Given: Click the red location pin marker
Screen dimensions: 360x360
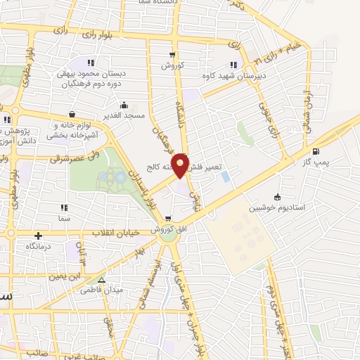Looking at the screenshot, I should click(181, 165).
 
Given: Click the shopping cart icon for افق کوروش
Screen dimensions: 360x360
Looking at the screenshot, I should click(167, 219).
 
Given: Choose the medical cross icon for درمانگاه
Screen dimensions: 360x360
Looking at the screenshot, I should click(37, 236).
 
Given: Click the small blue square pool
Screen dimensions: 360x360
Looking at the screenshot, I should click(225, 176).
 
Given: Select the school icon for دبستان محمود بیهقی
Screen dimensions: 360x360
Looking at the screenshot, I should click(89, 62).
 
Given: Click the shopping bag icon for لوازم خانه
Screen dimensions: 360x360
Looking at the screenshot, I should click(72, 114).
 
